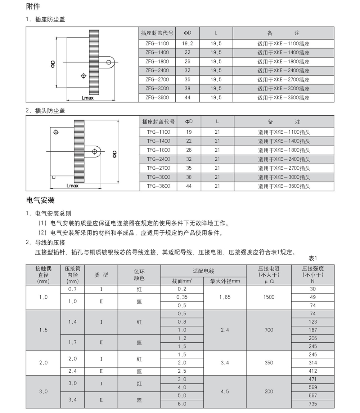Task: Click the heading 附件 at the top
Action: (33, 7)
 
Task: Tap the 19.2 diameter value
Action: (187, 44)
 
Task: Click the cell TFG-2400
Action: (158, 159)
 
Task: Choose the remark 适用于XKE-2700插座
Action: (283, 80)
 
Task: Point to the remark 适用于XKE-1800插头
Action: (284, 150)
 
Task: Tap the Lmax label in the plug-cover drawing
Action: (72, 186)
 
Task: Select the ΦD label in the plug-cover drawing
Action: (114, 154)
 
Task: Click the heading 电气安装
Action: (40, 200)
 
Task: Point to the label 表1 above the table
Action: (312, 258)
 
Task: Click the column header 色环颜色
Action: (139, 275)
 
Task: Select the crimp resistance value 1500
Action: (269, 297)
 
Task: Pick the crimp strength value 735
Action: (312, 404)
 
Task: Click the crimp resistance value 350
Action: (269, 363)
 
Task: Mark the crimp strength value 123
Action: (312, 322)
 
